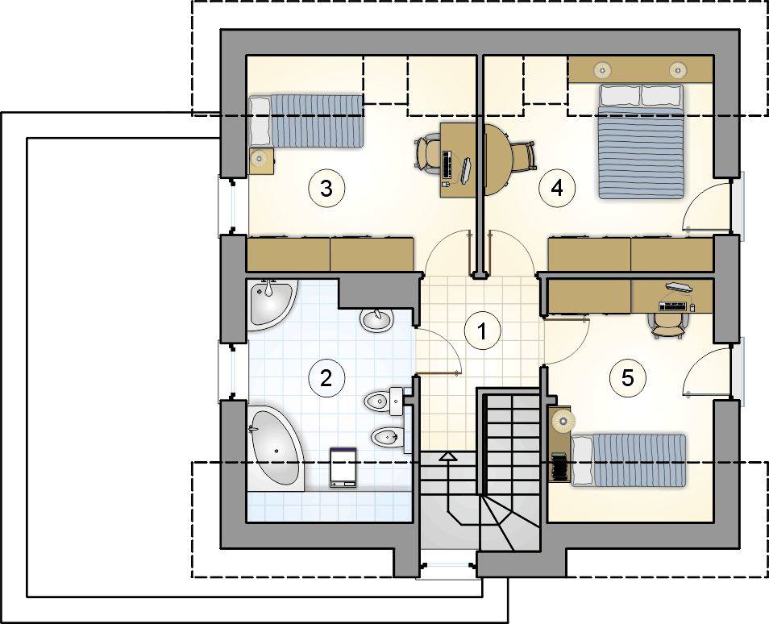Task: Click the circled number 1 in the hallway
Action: [483, 331]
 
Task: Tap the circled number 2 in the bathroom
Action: [326, 378]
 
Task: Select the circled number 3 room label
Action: [326, 188]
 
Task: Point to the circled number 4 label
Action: [557, 188]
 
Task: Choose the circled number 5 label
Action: [628, 378]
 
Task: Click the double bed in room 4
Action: [641, 141]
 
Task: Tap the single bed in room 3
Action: [306, 121]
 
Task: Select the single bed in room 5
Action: [629, 460]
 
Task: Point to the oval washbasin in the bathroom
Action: [376, 320]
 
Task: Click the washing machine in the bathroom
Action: [343, 467]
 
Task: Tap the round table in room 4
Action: [498, 160]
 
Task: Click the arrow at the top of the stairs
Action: [448, 457]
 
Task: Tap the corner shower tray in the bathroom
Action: [272, 305]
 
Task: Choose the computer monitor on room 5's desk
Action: [679, 286]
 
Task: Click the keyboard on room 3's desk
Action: [447, 164]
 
